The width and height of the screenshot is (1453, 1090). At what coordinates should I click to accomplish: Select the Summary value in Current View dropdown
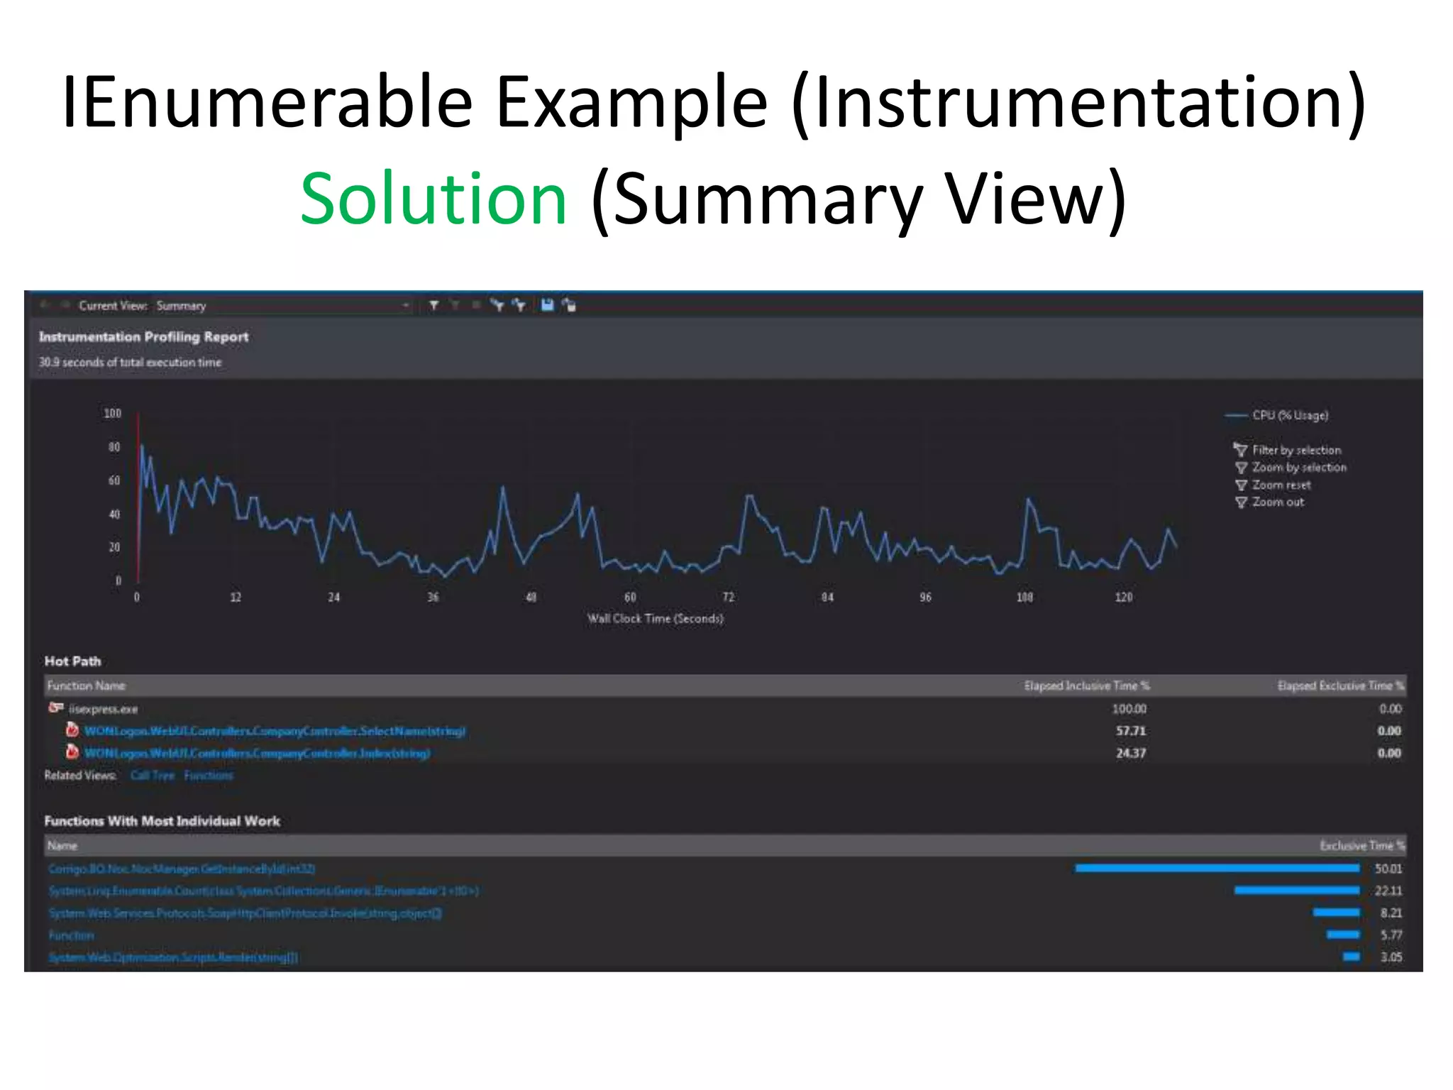click(182, 306)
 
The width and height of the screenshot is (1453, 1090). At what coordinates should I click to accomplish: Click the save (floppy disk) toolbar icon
click(547, 305)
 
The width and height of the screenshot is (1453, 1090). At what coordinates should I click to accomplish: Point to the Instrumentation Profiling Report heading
click(144, 337)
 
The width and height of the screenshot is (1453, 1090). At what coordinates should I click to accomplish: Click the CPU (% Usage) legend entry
click(1289, 415)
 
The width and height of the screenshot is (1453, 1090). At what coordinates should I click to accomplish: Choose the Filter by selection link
click(1295, 450)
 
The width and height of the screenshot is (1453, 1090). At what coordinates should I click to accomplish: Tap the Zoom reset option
click(1281, 485)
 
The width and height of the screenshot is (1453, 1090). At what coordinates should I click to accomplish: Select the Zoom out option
click(1277, 502)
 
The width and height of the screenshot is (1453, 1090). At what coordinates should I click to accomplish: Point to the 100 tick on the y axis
click(113, 413)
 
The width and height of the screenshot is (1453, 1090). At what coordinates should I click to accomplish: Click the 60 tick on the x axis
click(630, 598)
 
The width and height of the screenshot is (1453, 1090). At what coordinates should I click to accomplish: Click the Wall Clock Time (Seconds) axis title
click(655, 619)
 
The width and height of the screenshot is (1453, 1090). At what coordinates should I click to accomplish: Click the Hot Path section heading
click(73, 661)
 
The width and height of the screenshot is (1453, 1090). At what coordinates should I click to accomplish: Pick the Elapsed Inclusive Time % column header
click(1086, 686)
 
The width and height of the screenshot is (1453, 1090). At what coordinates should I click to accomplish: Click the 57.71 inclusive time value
click(1130, 731)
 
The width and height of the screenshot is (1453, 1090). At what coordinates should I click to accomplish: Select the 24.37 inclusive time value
click(1130, 753)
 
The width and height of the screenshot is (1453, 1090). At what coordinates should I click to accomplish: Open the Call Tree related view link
click(153, 776)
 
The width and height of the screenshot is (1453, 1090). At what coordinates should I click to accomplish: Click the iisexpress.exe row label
click(104, 709)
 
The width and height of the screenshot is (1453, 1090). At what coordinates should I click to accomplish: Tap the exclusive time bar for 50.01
click(1217, 868)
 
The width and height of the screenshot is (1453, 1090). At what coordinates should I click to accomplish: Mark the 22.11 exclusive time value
click(1388, 891)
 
